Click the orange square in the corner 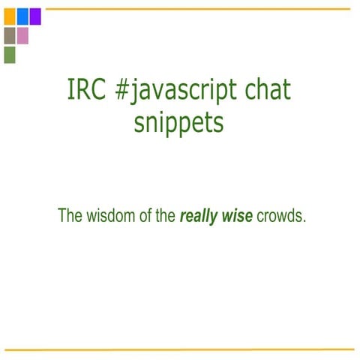9,16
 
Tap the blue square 22,16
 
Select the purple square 34,16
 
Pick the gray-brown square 9,35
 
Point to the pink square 22,35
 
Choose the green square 9,55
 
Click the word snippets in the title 178,122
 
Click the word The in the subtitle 70,217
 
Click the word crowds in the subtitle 280,217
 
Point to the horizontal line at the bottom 180,349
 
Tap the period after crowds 305,222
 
